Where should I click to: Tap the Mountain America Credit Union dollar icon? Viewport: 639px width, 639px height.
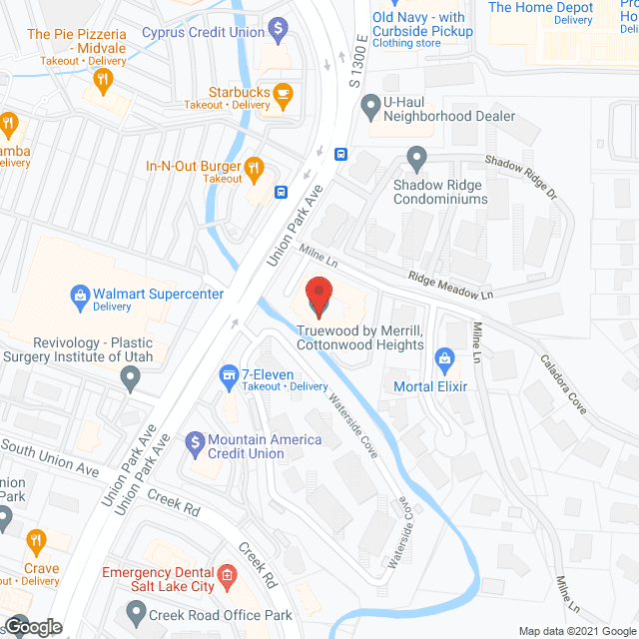[193, 440]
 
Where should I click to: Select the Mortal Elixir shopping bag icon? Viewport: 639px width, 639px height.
[445, 357]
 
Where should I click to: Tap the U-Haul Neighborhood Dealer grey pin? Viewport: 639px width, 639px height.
[371, 101]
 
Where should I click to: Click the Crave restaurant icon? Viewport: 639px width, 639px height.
[36, 543]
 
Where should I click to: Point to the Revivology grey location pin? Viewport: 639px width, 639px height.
[130, 376]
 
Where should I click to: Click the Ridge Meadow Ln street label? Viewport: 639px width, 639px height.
[450, 287]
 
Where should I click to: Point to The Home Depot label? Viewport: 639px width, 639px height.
[540, 8]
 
